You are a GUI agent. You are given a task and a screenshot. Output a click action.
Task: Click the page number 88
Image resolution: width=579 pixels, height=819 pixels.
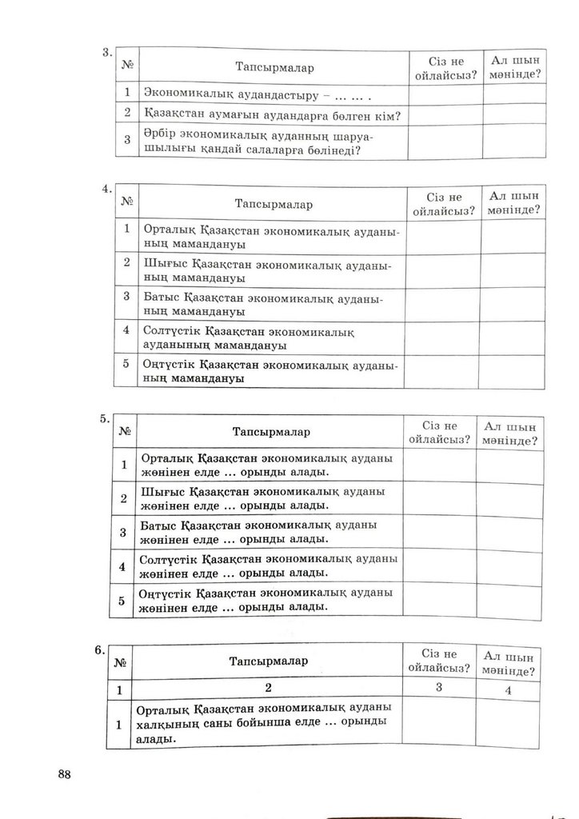[x=65, y=773]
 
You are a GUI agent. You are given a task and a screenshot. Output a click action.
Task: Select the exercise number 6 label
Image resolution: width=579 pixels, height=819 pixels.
[x=99, y=650]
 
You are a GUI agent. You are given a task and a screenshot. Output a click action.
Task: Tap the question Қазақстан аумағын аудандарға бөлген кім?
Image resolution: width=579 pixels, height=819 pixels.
[x=273, y=116]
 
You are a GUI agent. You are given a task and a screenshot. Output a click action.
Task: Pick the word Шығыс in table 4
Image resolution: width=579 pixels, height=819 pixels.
[x=165, y=263]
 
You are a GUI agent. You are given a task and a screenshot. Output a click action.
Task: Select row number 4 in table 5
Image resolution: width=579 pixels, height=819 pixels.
[x=122, y=566]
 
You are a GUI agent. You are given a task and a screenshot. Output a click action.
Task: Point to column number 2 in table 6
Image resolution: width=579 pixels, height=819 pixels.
[x=269, y=688]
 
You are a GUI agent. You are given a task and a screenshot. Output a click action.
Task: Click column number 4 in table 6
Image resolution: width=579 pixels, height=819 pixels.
[x=508, y=691]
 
